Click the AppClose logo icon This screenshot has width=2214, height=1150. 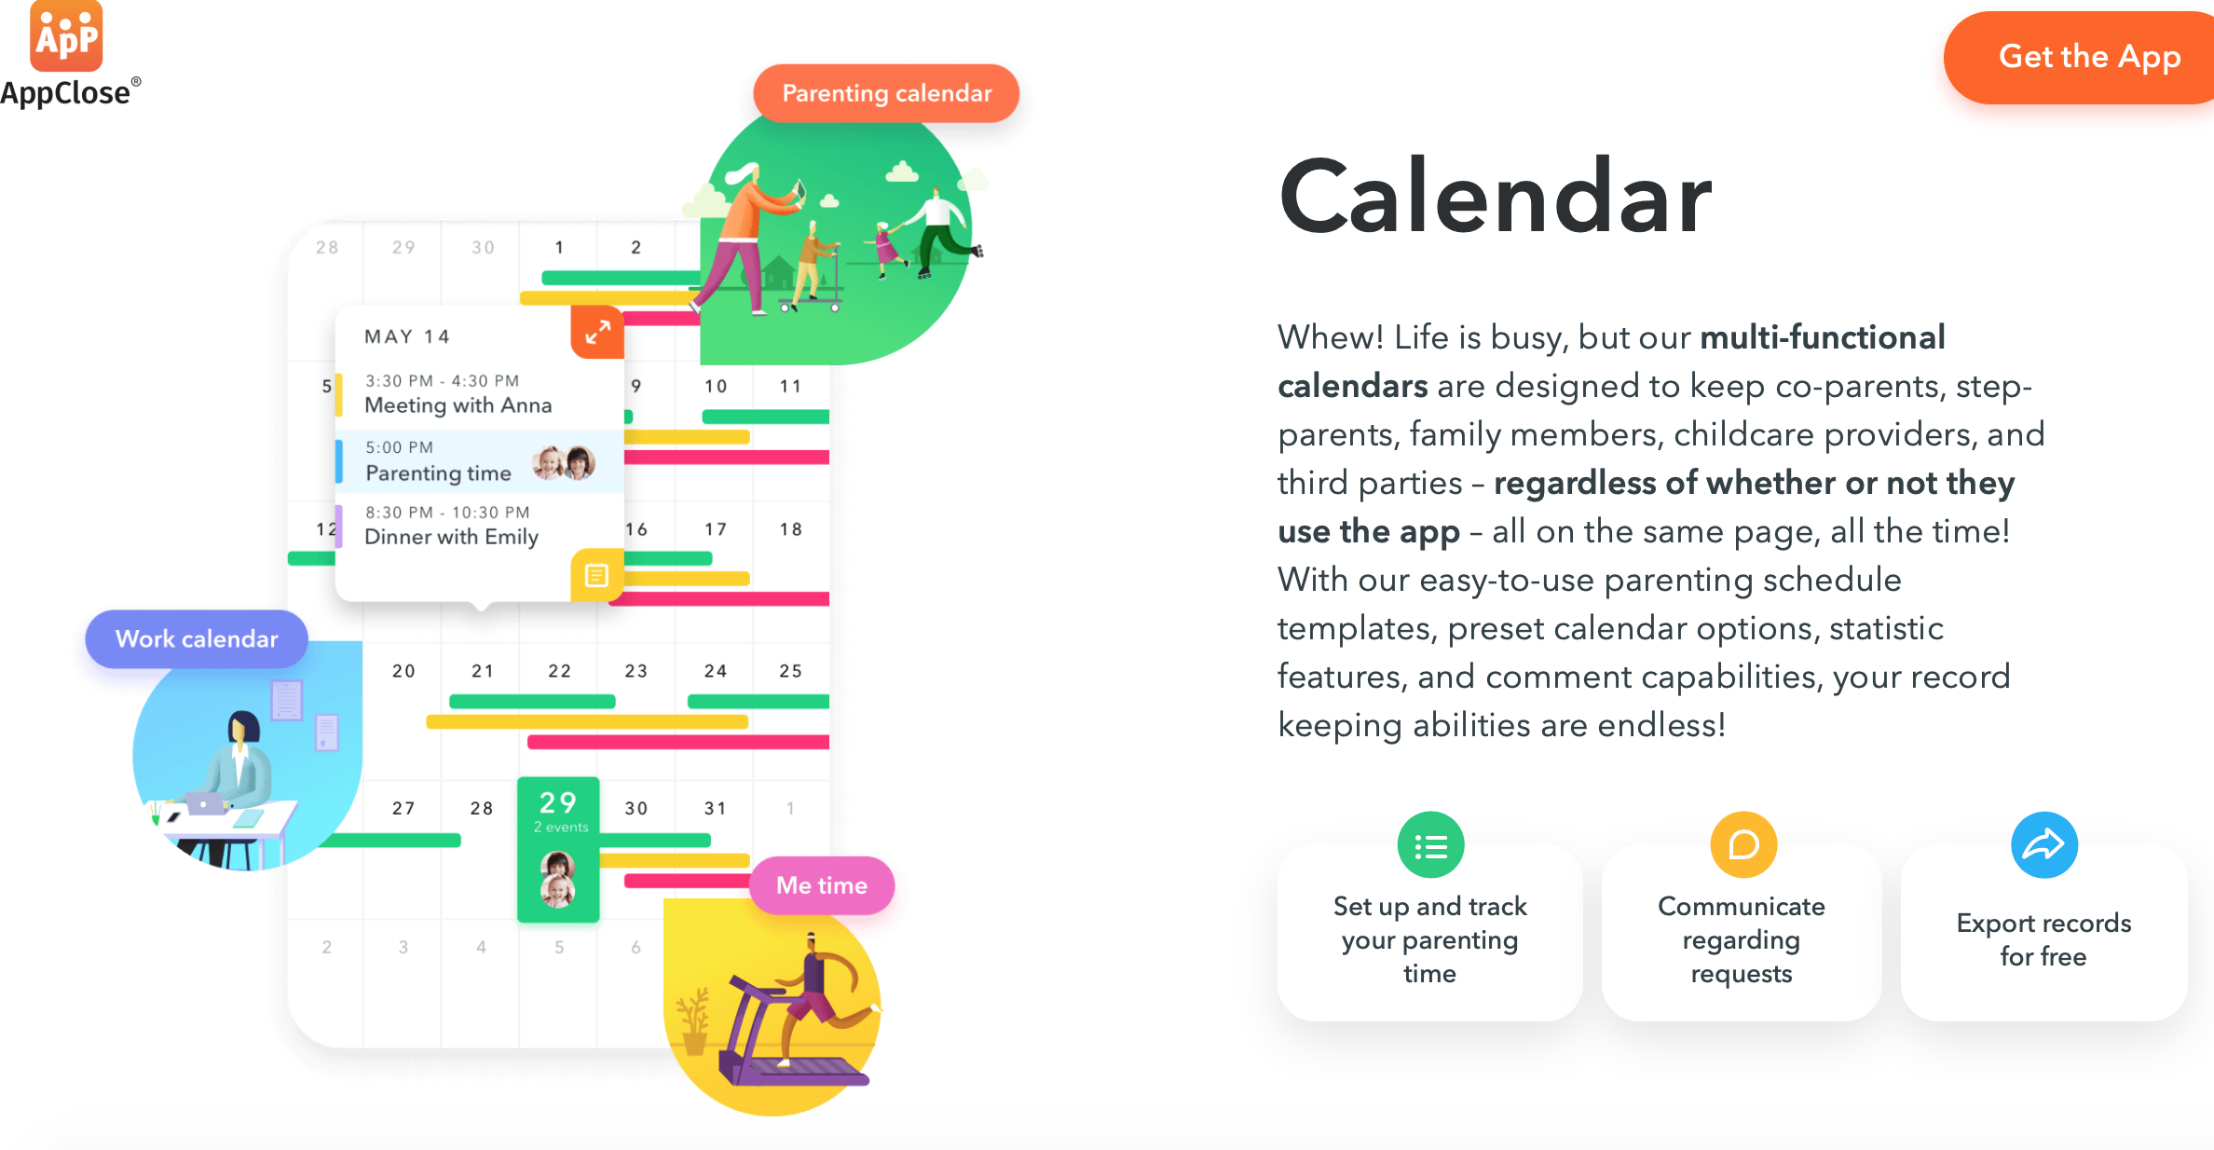66,35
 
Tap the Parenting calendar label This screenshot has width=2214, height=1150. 886,93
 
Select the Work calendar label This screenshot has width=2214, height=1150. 197,638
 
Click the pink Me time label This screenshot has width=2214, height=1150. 822,884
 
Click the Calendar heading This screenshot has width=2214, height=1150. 1496,197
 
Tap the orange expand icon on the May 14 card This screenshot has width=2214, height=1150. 597,332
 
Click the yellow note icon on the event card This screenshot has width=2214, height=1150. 596,575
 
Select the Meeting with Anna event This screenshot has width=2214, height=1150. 458,394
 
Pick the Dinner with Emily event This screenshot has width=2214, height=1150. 451,526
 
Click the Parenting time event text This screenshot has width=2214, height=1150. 438,473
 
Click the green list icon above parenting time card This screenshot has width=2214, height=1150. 1430,845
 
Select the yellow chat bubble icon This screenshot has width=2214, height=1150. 1742,845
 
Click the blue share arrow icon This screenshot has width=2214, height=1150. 2044,845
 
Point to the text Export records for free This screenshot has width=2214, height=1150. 2043,939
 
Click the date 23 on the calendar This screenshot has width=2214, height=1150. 636,671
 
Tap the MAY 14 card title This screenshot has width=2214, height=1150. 407,336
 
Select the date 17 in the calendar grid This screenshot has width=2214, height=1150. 716,529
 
